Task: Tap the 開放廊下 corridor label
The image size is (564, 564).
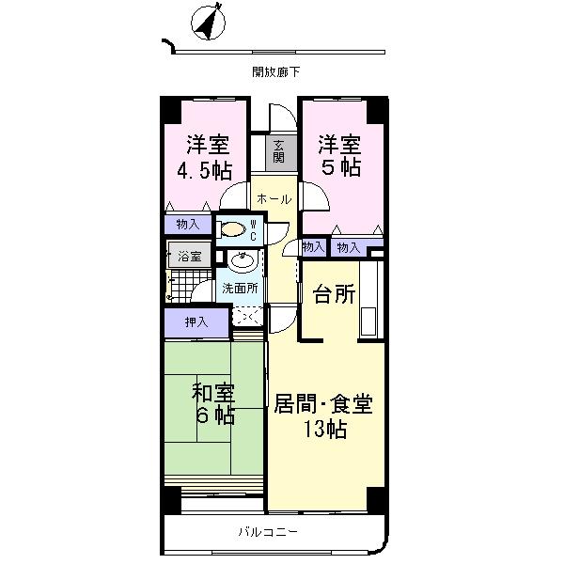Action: [275, 71]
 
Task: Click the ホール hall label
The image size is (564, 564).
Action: [274, 199]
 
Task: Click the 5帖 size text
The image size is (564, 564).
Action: [338, 169]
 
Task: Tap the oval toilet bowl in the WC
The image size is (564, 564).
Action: [230, 227]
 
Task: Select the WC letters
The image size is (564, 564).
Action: [254, 228]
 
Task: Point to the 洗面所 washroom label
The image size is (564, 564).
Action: [241, 289]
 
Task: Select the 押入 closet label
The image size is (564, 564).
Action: [196, 321]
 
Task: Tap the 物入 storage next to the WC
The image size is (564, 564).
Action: [188, 224]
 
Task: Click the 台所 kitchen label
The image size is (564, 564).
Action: [334, 294]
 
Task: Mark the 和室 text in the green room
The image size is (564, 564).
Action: [213, 391]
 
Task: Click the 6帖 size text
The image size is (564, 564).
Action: [213, 416]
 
